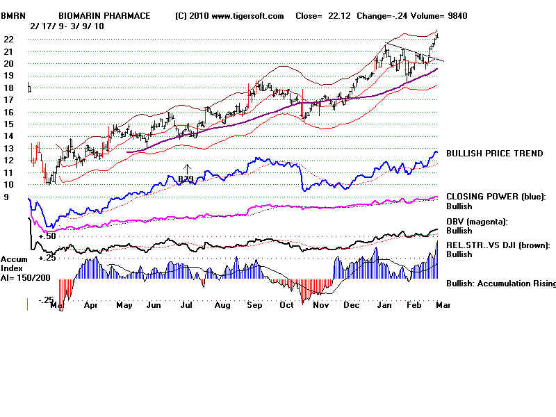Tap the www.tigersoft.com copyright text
point(229,15)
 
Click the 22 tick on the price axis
point(8,40)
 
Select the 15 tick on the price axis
point(8,124)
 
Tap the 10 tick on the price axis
point(8,185)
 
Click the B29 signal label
point(186,179)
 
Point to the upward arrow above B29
point(187,168)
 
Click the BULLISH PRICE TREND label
point(494,154)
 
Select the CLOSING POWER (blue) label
point(496,197)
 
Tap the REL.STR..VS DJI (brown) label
point(498,245)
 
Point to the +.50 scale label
point(47,237)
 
